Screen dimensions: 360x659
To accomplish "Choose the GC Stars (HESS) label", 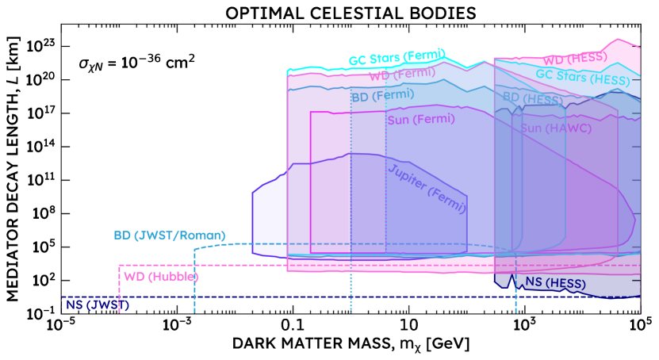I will (582, 77).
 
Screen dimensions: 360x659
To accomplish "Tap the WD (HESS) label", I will (574, 59).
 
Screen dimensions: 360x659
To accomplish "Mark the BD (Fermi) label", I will (382, 94).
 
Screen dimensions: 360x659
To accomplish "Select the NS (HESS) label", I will (555, 284).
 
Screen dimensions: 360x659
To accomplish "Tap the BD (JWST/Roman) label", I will (170, 236).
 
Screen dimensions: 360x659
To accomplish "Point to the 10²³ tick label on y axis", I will (40, 46).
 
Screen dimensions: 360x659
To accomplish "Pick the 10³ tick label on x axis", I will (524, 327).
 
